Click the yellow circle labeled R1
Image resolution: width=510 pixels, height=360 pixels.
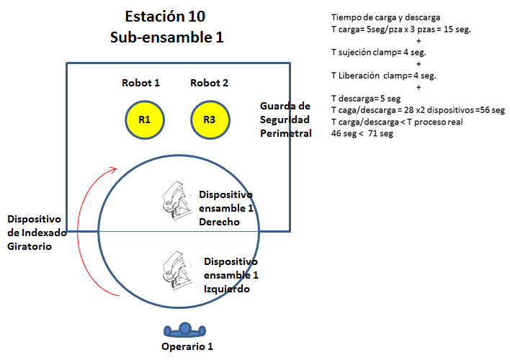click(145, 120)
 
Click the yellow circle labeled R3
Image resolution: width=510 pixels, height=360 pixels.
click(210, 120)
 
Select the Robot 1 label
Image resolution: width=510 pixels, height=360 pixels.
click(141, 83)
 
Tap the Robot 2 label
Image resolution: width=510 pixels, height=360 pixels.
click(209, 83)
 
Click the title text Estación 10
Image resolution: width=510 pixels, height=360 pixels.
click(165, 17)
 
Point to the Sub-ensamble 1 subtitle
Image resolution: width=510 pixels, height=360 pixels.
click(167, 37)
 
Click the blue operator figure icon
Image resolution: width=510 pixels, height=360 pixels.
click(184, 330)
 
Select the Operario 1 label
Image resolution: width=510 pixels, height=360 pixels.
click(187, 346)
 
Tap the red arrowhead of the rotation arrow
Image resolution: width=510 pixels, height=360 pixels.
click(112, 170)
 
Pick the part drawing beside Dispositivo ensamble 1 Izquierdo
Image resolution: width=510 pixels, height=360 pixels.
click(176, 270)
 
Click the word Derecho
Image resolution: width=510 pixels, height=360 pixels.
click(219, 222)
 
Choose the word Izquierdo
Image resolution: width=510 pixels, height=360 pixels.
click(227, 289)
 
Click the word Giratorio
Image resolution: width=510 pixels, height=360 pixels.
click(30, 246)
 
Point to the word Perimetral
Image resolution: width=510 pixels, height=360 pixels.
click(286, 133)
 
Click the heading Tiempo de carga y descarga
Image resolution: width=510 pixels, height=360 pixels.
click(386, 17)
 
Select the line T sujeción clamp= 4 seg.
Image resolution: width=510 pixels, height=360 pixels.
click(379, 53)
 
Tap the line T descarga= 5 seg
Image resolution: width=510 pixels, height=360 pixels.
click(366, 99)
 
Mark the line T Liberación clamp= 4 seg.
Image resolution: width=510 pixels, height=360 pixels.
click(384, 76)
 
